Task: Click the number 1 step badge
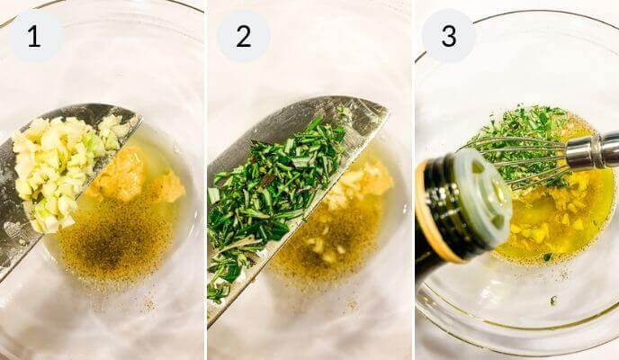click(x=35, y=36)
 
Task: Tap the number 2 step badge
click(x=243, y=36)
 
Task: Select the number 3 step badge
click(x=448, y=36)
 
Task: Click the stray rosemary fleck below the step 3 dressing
click(x=553, y=300)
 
